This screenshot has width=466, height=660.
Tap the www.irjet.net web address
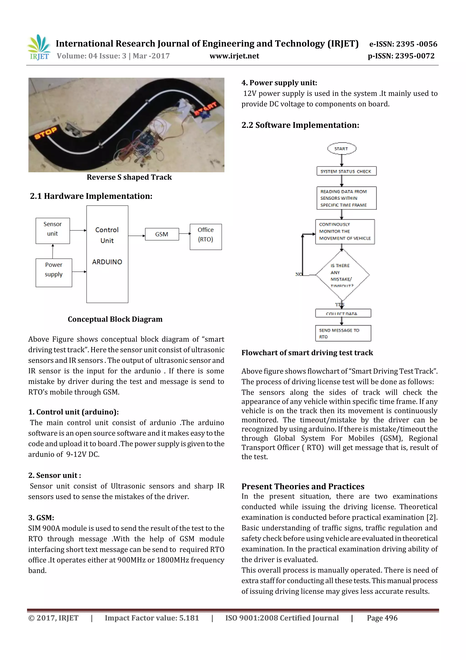click(x=234, y=56)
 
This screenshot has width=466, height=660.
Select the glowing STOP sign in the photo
click(x=46, y=133)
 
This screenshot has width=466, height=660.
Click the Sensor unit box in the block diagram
click(x=53, y=231)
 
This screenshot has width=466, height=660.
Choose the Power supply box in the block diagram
click(x=54, y=272)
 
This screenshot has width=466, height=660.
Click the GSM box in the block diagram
click(x=162, y=234)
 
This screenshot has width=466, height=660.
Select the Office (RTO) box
click(x=205, y=237)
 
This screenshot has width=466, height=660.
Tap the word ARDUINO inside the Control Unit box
click(x=107, y=262)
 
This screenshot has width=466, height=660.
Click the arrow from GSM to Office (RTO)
click(x=184, y=234)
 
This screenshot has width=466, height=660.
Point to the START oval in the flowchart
click(x=341, y=149)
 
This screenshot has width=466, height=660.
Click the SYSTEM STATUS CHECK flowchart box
click(x=346, y=171)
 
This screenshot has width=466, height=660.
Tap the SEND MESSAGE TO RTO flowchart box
click(x=343, y=333)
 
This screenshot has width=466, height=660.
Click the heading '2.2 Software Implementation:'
click(x=300, y=125)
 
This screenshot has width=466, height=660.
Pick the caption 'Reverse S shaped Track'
click(x=129, y=177)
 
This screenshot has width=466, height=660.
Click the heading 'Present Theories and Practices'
click(x=303, y=486)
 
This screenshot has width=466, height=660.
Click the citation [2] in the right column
click(x=432, y=517)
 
